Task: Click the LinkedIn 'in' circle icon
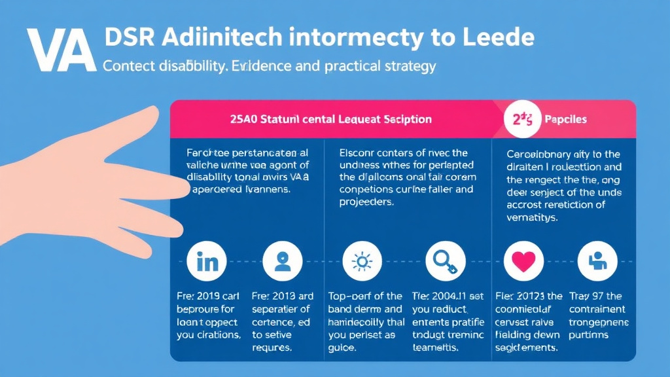[x=207, y=262]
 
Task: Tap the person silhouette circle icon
[x=282, y=262]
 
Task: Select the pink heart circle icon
[x=523, y=262]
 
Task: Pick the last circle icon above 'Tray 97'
[x=597, y=262]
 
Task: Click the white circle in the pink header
[x=523, y=119]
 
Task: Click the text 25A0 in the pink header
[x=244, y=119]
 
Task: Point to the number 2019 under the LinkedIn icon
[x=208, y=296]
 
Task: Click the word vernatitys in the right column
[x=532, y=217]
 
